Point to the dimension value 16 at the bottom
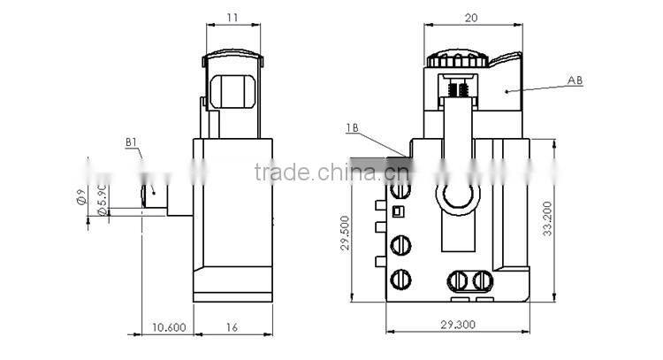231,326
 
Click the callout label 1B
351,129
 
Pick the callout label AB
575,80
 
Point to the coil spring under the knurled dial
458,90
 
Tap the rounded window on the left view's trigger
233,91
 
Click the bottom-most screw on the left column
400,279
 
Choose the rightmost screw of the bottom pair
482,280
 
